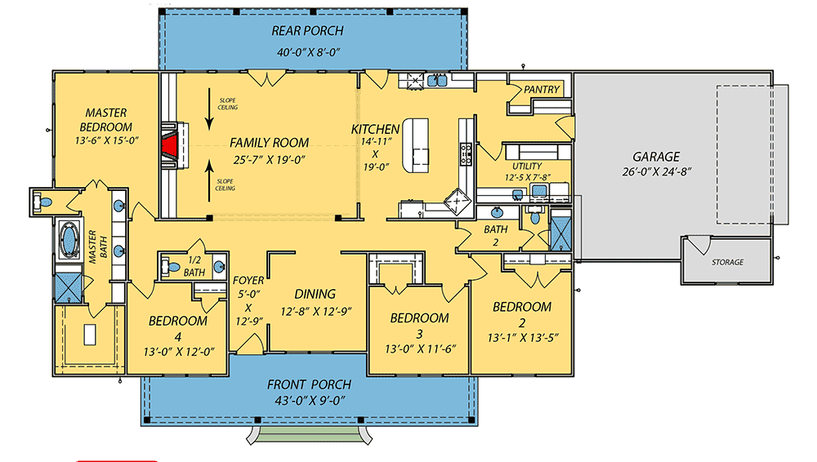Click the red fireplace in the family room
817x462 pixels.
[x=171, y=146]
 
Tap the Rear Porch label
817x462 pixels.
[x=307, y=31]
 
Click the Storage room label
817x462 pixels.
[x=726, y=262]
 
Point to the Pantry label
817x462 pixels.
[x=541, y=89]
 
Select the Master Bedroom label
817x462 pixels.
[x=106, y=120]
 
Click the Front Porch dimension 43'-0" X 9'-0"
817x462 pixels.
[x=309, y=400]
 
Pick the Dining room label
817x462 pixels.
[x=315, y=294]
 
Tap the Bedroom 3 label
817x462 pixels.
[x=419, y=318]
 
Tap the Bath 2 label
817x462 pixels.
[x=495, y=235]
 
